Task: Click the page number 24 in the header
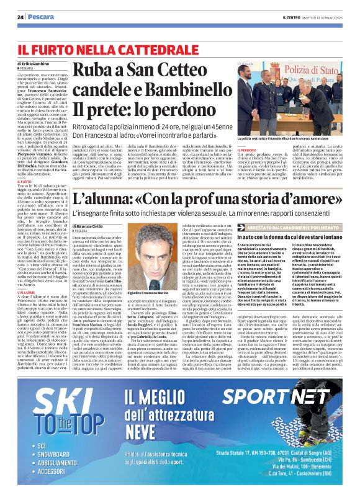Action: click(20, 16)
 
